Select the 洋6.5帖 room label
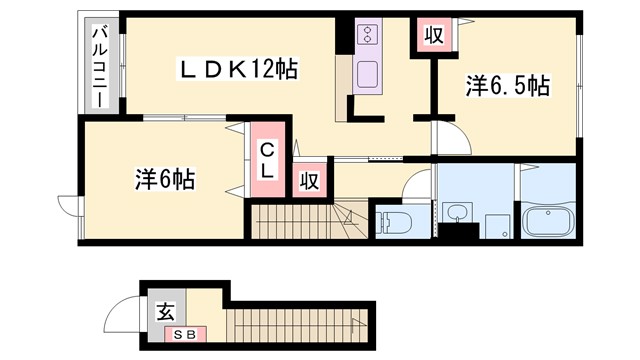506,87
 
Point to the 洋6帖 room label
164,180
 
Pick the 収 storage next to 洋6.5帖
432,36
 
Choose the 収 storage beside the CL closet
310,180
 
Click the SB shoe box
186,334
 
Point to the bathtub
546,220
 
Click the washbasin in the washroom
458,212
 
